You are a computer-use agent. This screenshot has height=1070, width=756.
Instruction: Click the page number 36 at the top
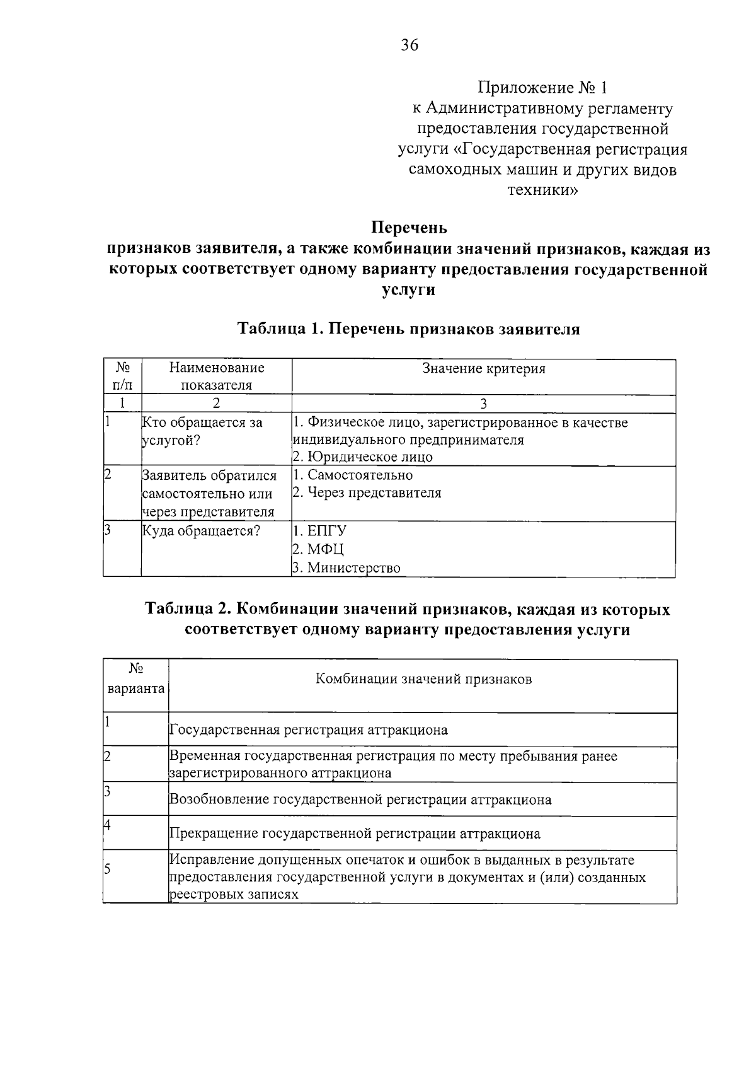(409, 45)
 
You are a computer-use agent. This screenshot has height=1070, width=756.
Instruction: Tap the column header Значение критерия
(483, 369)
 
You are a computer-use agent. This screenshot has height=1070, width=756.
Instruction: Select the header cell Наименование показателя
(216, 376)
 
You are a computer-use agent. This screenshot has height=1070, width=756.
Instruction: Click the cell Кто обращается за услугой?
(202, 431)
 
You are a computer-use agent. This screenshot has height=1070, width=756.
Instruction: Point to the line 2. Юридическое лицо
(363, 457)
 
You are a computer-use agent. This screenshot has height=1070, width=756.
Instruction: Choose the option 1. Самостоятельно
(353, 475)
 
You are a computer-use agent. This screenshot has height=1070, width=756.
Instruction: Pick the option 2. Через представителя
(367, 493)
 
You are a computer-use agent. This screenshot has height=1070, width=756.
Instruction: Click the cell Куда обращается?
(201, 531)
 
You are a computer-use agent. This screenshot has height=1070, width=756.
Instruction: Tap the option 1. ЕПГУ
(320, 531)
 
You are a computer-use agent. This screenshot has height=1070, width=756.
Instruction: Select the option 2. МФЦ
(319, 549)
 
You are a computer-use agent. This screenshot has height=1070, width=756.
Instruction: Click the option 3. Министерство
(346, 568)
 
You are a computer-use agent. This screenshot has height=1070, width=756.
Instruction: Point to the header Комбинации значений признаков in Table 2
(423, 679)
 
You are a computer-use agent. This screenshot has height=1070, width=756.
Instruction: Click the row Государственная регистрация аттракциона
(309, 730)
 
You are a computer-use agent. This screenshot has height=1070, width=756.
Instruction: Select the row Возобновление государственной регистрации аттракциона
(360, 800)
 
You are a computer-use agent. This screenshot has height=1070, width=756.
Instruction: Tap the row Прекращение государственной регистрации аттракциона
(355, 834)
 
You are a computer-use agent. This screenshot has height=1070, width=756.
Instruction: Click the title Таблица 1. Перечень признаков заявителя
(409, 329)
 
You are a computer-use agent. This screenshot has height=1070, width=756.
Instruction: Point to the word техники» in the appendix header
(542, 190)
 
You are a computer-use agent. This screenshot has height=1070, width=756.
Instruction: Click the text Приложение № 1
(542, 87)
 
